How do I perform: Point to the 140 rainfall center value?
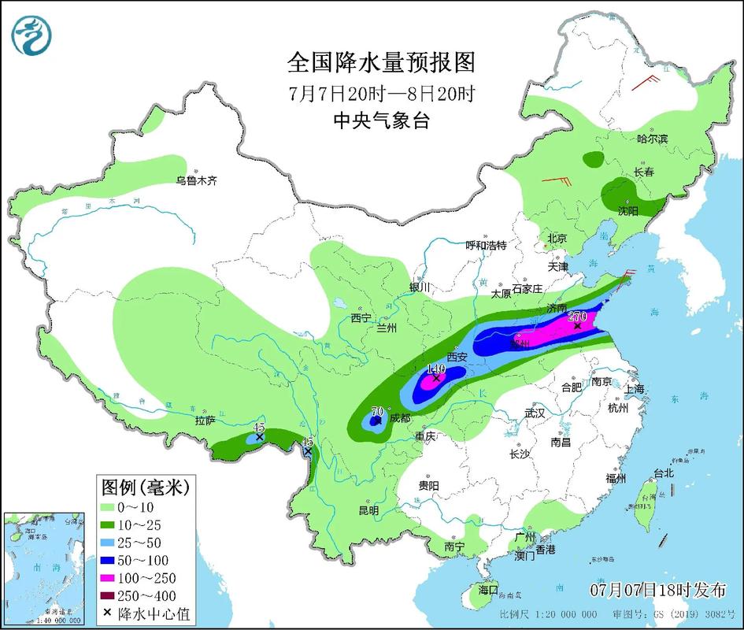pyautogui.click(x=435, y=368)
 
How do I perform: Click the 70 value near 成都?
pyautogui.click(x=376, y=411)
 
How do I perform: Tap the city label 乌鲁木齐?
pyautogui.click(x=196, y=180)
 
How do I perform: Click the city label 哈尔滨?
pyautogui.click(x=652, y=139)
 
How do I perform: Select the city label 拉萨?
pyautogui.click(x=205, y=421)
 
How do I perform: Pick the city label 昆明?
pyautogui.click(x=368, y=510)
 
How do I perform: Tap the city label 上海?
pyautogui.click(x=634, y=389)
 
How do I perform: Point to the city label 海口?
pyautogui.click(x=489, y=589)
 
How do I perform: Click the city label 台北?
pyautogui.click(x=664, y=473)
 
